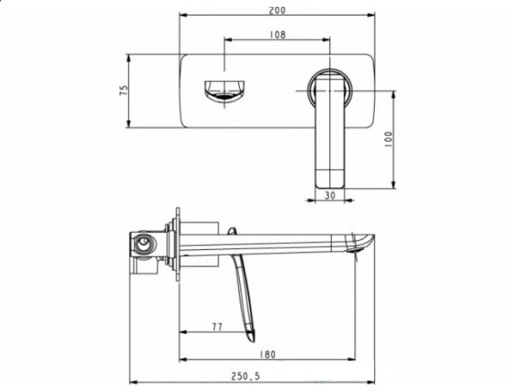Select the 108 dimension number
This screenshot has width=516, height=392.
[278, 34]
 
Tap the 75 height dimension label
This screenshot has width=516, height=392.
[124, 92]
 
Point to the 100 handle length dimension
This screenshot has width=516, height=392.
[388, 139]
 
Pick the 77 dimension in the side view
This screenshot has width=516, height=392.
[216, 328]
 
